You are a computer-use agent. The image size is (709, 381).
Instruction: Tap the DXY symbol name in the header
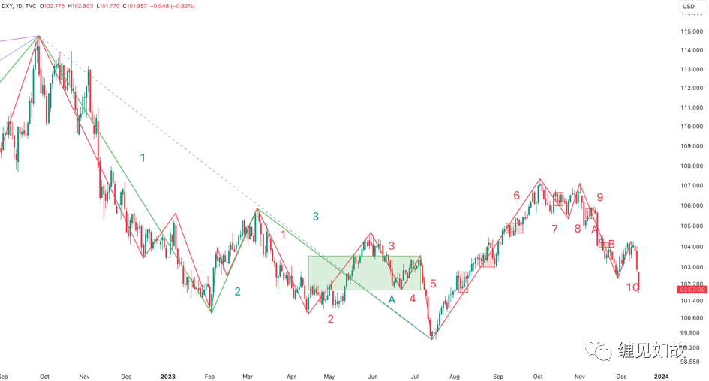[x=10, y=7]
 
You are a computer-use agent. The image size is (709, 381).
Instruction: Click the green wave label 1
[x=143, y=157]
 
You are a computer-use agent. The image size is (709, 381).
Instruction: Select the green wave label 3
[x=316, y=217]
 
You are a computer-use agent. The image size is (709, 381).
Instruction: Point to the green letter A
[x=392, y=299]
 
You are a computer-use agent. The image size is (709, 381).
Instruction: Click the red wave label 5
[x=433, y=283]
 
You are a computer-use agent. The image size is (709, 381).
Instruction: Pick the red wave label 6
[x=516, y=196]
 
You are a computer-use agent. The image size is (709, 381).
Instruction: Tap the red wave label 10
[x=633, y=287]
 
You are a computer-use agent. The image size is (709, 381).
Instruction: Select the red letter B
[x=611, y=244]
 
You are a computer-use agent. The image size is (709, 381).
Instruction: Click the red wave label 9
[x=599, y=198]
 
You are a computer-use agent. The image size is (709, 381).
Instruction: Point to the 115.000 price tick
[x=691, y=31]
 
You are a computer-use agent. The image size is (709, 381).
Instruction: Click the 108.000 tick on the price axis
[x=691, y=166]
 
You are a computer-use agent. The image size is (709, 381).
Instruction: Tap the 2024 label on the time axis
[x=662, y=375]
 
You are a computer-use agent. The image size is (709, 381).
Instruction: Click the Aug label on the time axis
[x=455, y=375]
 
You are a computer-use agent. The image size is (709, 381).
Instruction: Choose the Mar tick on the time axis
[x=248, y=375]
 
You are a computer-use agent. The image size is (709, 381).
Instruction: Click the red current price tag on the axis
[x=690, y=289]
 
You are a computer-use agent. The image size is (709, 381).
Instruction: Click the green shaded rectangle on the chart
[x=365, y=273]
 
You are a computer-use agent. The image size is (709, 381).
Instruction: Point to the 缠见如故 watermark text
[x=651, y=349]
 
